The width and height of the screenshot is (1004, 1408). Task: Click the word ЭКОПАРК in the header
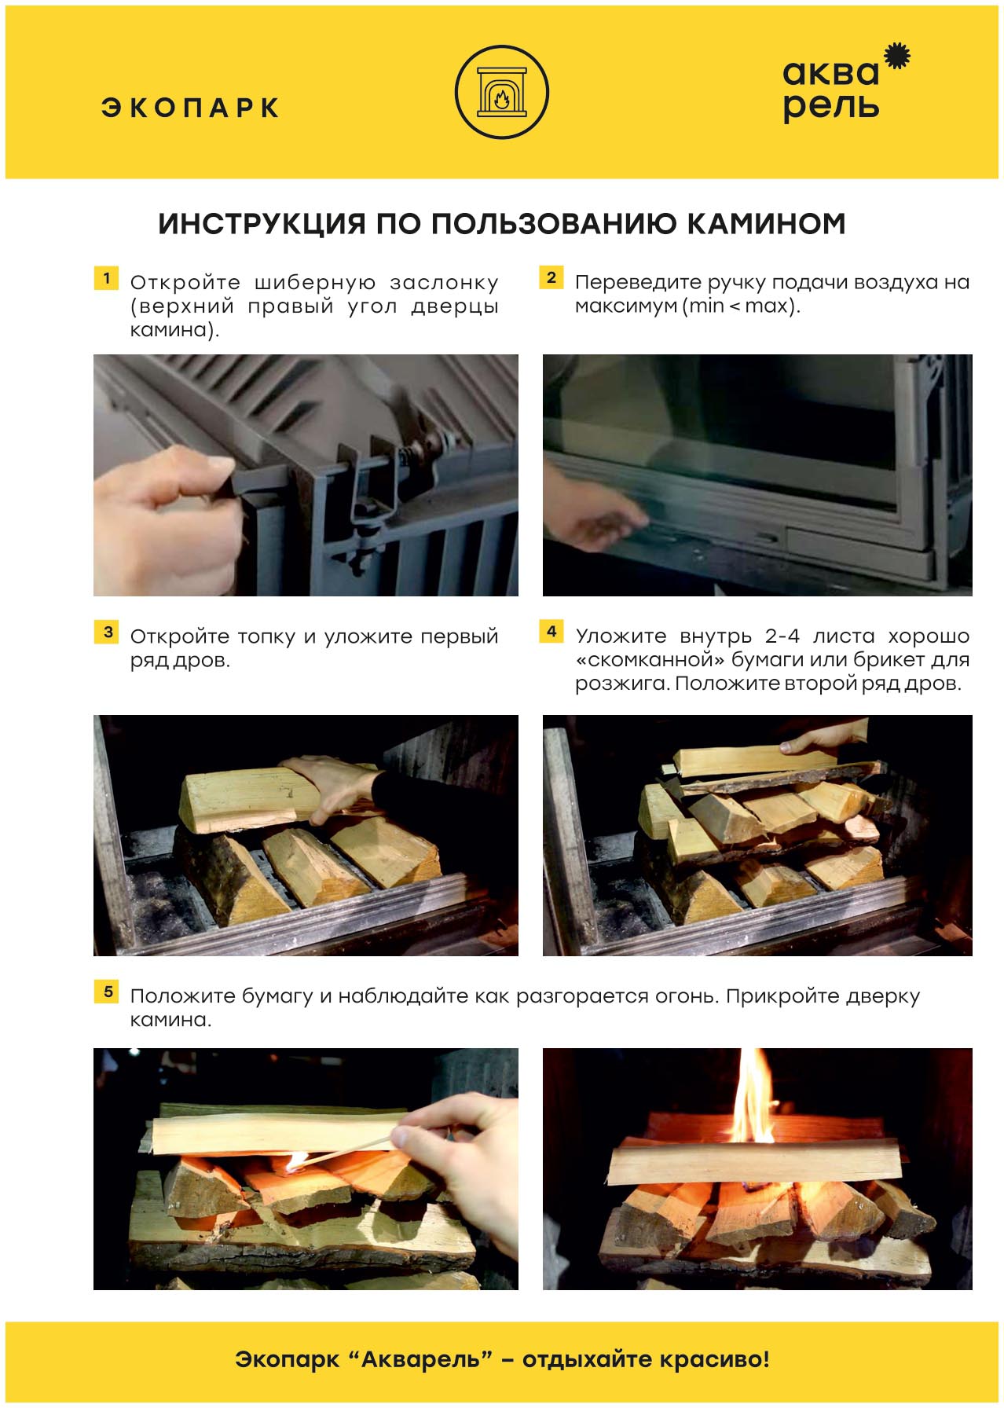(x=190, y=108)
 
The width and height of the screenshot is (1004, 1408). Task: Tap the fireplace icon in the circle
(x=502, y=92)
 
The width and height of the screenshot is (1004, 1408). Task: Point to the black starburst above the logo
(x=897, y=57)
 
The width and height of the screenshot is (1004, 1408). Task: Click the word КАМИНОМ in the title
(x=766, y=224)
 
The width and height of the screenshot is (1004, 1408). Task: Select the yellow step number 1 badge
(x=106, y=278)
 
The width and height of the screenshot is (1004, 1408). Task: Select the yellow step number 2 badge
(x=551, y=277)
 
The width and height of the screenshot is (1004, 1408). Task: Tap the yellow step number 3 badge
(x=108, y=632)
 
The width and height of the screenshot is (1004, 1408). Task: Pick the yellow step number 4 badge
(x=551, y=632)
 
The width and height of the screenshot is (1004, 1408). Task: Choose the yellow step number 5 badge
(x=107, y=992)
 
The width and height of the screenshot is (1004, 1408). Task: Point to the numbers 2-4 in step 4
(x=782, y=636)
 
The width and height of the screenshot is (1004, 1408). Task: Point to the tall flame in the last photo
(x=753, y=1096)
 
